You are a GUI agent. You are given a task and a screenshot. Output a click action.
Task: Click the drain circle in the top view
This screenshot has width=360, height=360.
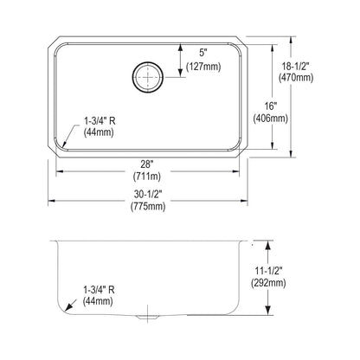[x=148, y=62]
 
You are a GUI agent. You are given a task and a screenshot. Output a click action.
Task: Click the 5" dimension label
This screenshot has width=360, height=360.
[x=203, y=53]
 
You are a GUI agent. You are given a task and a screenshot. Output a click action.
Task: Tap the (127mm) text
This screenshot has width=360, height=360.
[x=203, y=67]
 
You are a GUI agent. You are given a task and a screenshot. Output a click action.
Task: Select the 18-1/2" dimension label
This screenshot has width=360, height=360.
[x=296, y=67]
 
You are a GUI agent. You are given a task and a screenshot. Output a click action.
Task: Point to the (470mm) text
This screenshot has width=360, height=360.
[x=296, y=78]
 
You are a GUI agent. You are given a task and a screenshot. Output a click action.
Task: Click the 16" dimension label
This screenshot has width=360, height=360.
[x=271, y=106]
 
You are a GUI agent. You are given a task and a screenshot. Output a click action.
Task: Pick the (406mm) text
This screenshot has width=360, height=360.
[x=271, y=119]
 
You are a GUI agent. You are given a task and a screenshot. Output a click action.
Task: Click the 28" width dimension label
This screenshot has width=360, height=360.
[x=146, y=164]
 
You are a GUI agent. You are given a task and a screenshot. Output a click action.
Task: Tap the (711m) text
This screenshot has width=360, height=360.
[x=147, y=177]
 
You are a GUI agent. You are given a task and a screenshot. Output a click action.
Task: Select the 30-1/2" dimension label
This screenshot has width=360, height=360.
[x=148, y=194]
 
